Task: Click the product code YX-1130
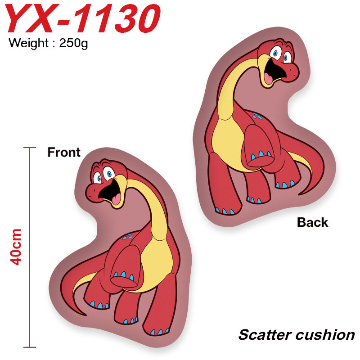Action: click(x=83, y=18)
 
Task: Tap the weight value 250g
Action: click(x=73, y=43)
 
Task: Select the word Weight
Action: click(x=28, y=43)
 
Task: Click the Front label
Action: click(x=64, y=152)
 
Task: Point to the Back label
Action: click(x=312, y=222)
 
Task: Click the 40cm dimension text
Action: click(x=16, y=247)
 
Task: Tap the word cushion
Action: click(x=325, y=335)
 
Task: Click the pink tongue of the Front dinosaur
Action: click(x=116, y=199)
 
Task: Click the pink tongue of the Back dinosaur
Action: click(x=268, y=78)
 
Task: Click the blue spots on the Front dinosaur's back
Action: click(x=128, y=237)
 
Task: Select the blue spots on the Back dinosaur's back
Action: click(x=257, y=116)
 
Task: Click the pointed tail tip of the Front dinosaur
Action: click(x=85, y=315)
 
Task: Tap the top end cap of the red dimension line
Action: click(x=30, y=148)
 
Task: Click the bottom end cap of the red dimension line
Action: click(x=30, y=347)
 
